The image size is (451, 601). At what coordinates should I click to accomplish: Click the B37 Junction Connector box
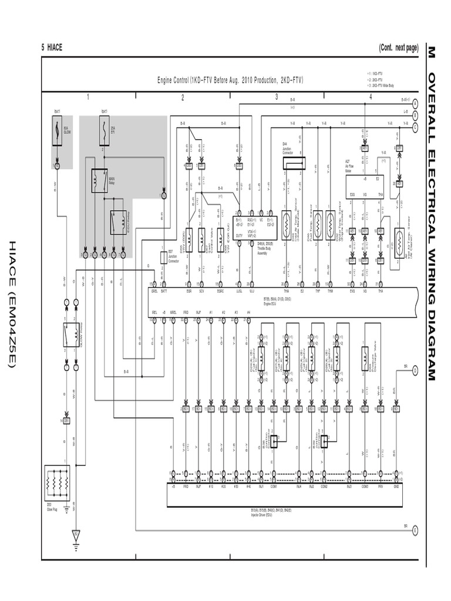(x=164, y=256)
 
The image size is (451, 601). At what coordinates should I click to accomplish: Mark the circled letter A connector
(x=415, y=103)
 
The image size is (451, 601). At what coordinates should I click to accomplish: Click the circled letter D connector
(x=415, y=370)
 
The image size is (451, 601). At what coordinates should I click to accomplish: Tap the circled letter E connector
(x=415, y=530)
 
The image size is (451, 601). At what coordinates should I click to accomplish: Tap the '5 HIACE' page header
(x=52, y=48)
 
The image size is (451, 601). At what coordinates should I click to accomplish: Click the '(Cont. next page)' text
(x=398, y=48)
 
